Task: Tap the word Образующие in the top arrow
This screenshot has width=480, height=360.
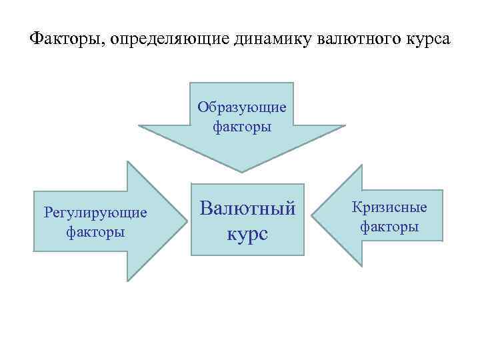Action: [x=242, y=107]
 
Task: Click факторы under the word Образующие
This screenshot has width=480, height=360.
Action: [x=242, y=125]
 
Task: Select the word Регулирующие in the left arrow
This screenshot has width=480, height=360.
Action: [x=95, y=213]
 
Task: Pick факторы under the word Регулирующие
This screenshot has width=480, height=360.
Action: [x=95, y=232]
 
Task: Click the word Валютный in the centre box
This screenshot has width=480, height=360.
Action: [x=247, y=209]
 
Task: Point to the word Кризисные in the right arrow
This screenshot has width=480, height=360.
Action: [x=389, y=208]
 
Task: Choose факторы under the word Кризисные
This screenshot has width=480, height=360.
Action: [x=389, y=227]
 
